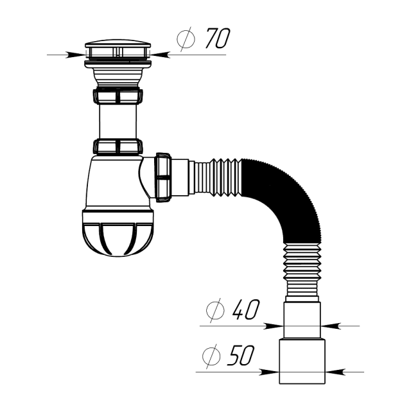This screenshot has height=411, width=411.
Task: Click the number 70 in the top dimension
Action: coord(217,40)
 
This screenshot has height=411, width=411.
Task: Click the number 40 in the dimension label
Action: coord(245,311)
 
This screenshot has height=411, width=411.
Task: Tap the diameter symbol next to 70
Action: coord(186,40)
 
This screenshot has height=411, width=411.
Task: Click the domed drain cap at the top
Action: coord(118,48)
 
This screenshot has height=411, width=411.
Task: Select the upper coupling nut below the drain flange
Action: coord(118,96)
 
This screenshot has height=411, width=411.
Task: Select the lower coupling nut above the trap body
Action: coord(118,146)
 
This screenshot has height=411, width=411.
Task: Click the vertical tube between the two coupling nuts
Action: coord(118,121)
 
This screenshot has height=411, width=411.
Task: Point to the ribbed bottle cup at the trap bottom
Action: coord(118,231)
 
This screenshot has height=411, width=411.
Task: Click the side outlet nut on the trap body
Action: coord(163,177)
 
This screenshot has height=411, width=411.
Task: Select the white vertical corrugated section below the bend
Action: coord(302,273)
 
